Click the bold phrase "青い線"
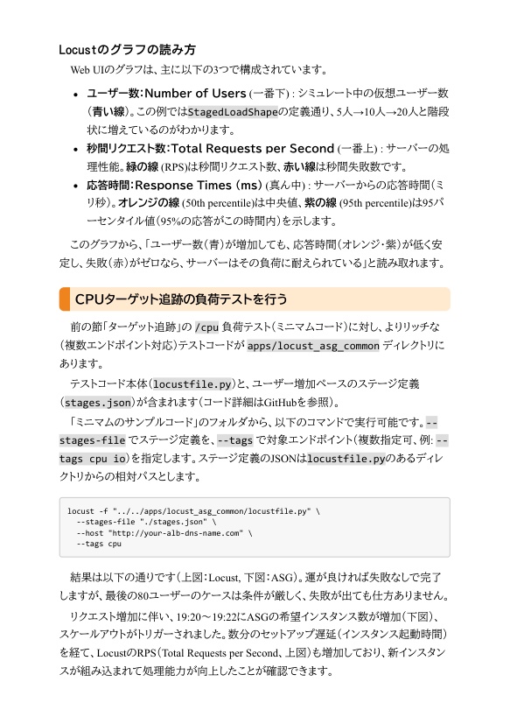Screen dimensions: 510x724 click(108, 112)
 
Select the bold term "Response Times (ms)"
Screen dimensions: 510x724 click(199, 186)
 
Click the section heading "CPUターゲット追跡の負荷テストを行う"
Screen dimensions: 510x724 click(181, 299)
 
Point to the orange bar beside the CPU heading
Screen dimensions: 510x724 click(63, 299)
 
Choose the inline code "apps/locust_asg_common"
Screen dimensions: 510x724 click(313, 346)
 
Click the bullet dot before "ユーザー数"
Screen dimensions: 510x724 click(77, 94)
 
